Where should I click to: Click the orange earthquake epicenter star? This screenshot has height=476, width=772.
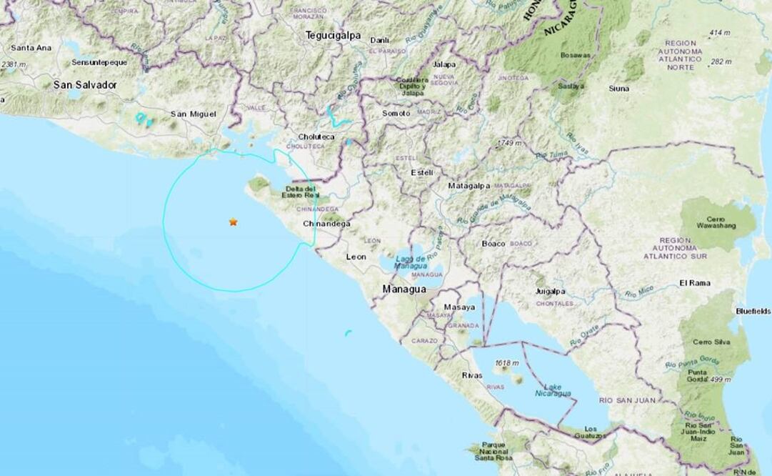click(233, 222)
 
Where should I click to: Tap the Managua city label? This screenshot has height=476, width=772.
click(404, 289)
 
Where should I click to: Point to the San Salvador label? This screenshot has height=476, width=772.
click(85, 84)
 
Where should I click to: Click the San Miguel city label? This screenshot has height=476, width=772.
click(192, 114)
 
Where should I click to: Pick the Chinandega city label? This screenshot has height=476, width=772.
click(327, 224)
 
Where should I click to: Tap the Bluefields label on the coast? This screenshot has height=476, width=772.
click(753, 312)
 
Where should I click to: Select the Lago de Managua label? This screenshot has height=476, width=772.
click(411, 261)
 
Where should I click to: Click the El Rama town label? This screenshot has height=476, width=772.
click(693, 282)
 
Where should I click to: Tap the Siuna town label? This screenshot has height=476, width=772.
click(618, 89)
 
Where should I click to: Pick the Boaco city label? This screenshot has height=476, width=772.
click(493, 244)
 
